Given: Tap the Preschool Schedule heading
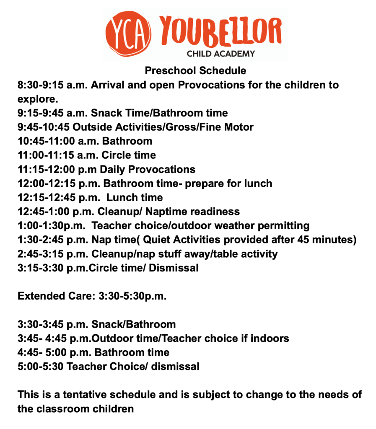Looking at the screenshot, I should click(195, 70).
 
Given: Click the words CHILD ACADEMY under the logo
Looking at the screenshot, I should click(220, 53).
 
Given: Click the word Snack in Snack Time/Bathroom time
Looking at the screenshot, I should click(106, 113).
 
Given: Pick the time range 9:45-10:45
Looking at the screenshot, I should click(43, 127).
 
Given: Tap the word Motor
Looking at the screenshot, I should click(238, 127).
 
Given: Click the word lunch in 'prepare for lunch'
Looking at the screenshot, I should click(257, 183).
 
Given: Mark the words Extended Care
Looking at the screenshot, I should click(56, 297).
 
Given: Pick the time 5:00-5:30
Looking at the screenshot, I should click(40, 367).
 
